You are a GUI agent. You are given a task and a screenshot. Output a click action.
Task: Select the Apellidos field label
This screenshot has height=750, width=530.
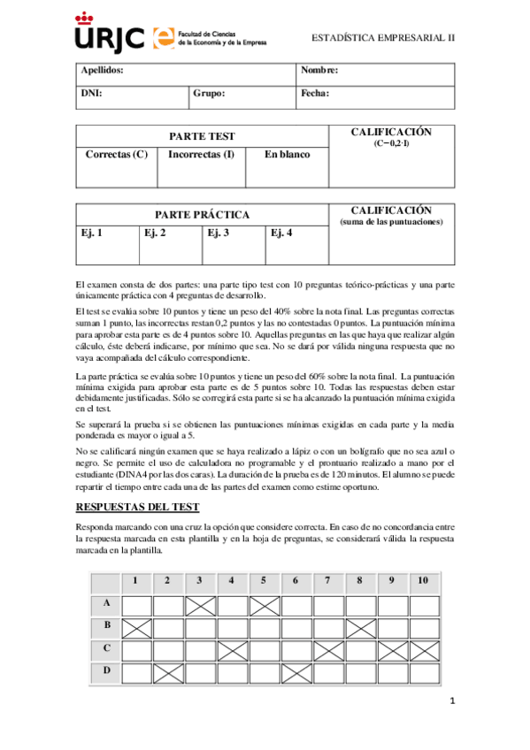[x=102, y=70]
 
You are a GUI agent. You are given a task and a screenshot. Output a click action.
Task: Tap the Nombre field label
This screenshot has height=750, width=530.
[x=319, y=70]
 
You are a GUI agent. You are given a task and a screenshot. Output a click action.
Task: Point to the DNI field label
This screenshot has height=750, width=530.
[x=91, y=92]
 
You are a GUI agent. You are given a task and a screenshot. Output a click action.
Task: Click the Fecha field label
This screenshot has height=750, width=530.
[x=315, y=92]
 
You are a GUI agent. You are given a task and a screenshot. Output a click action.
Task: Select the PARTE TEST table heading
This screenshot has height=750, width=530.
[x=202, y=136]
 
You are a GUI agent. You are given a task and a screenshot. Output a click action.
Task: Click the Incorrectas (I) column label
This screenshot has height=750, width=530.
[x=201, y=155]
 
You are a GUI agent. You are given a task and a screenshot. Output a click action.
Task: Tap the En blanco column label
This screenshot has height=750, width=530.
[x=288, y=155]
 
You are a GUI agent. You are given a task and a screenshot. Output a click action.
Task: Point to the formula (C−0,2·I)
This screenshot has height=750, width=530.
[x=391, y=143]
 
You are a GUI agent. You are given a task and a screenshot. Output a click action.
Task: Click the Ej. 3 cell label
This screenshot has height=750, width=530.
[x=219, y=233]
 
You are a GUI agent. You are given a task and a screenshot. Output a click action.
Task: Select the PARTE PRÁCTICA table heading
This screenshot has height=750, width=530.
[x=202, y=215]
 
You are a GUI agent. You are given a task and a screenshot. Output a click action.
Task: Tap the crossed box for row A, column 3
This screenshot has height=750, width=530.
[x=200, y=606]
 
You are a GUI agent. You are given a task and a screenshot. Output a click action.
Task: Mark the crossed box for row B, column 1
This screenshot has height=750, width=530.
[x=136, y=629]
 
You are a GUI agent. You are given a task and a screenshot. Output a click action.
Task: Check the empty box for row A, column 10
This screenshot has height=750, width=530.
[x=423, y=606]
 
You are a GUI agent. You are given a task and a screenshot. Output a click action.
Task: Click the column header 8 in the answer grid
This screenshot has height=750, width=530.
[x=359, y=581]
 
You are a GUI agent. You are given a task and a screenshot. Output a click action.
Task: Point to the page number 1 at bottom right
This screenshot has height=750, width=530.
[x=452, y=702]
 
